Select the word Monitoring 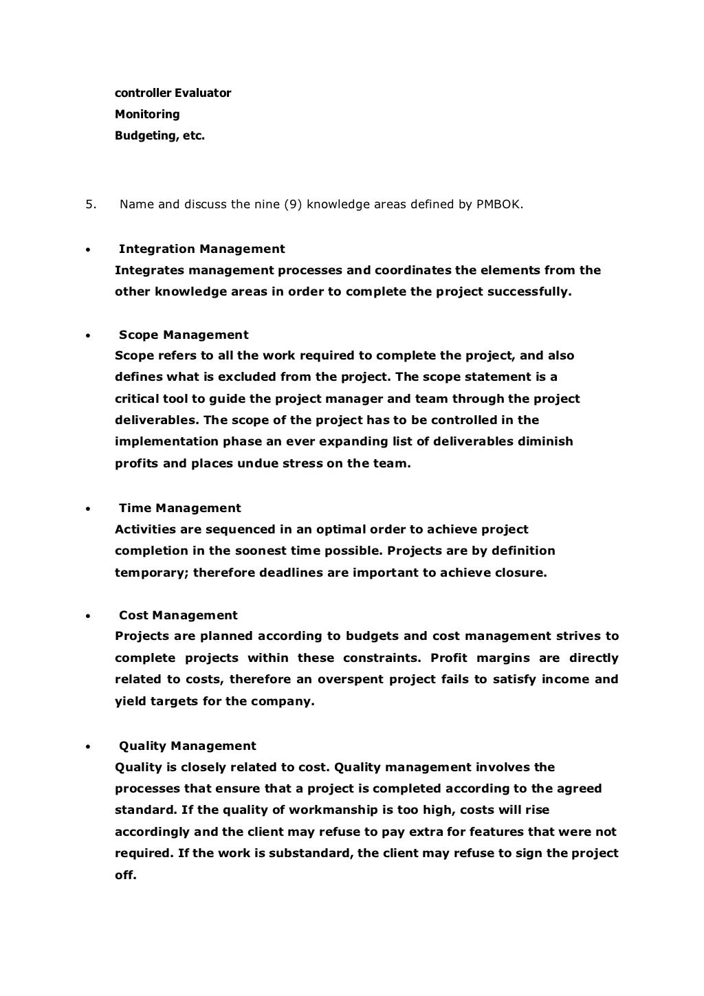[147, 114]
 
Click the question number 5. [89, 204]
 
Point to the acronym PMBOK [499, 204]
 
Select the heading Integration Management [201, 249]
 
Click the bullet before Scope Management [87, 336]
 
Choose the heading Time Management [179, 508]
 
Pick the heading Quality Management [187, 746]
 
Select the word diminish [541, 441]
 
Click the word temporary [151, 573]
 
